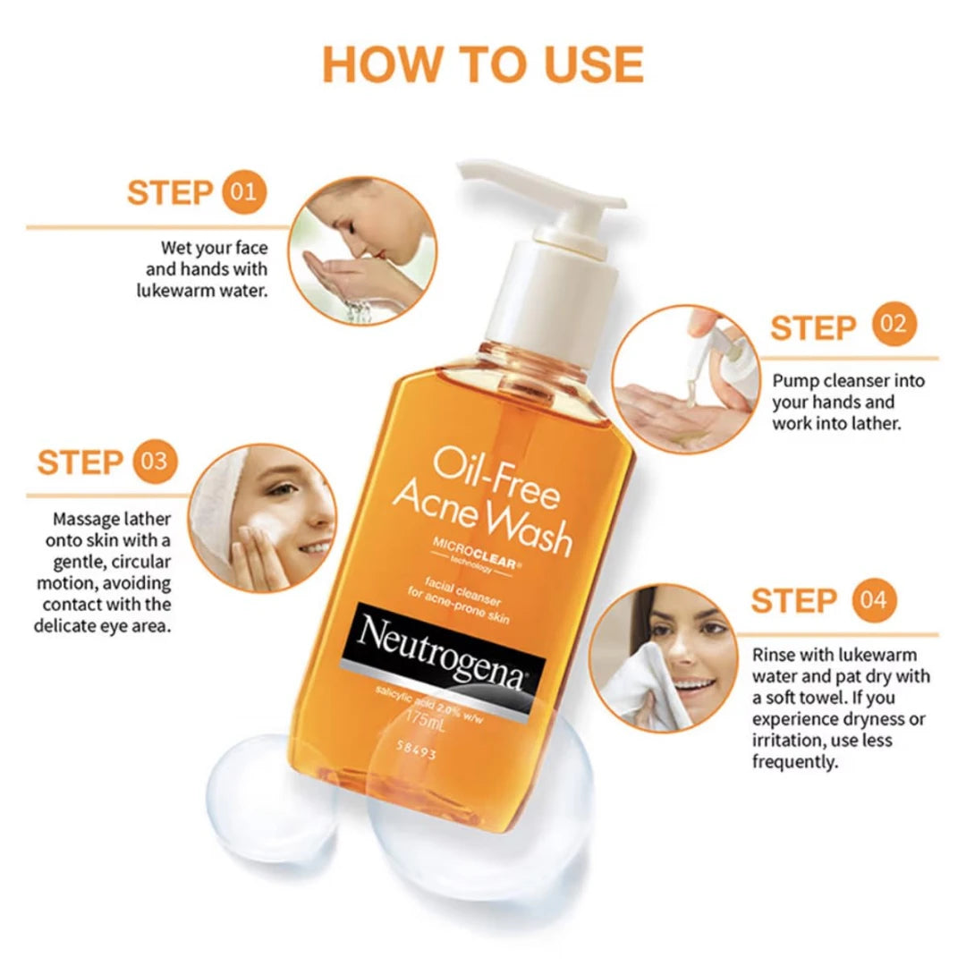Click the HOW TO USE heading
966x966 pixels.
483,64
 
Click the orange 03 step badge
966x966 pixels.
155,462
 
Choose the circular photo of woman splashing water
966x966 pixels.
362,250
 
